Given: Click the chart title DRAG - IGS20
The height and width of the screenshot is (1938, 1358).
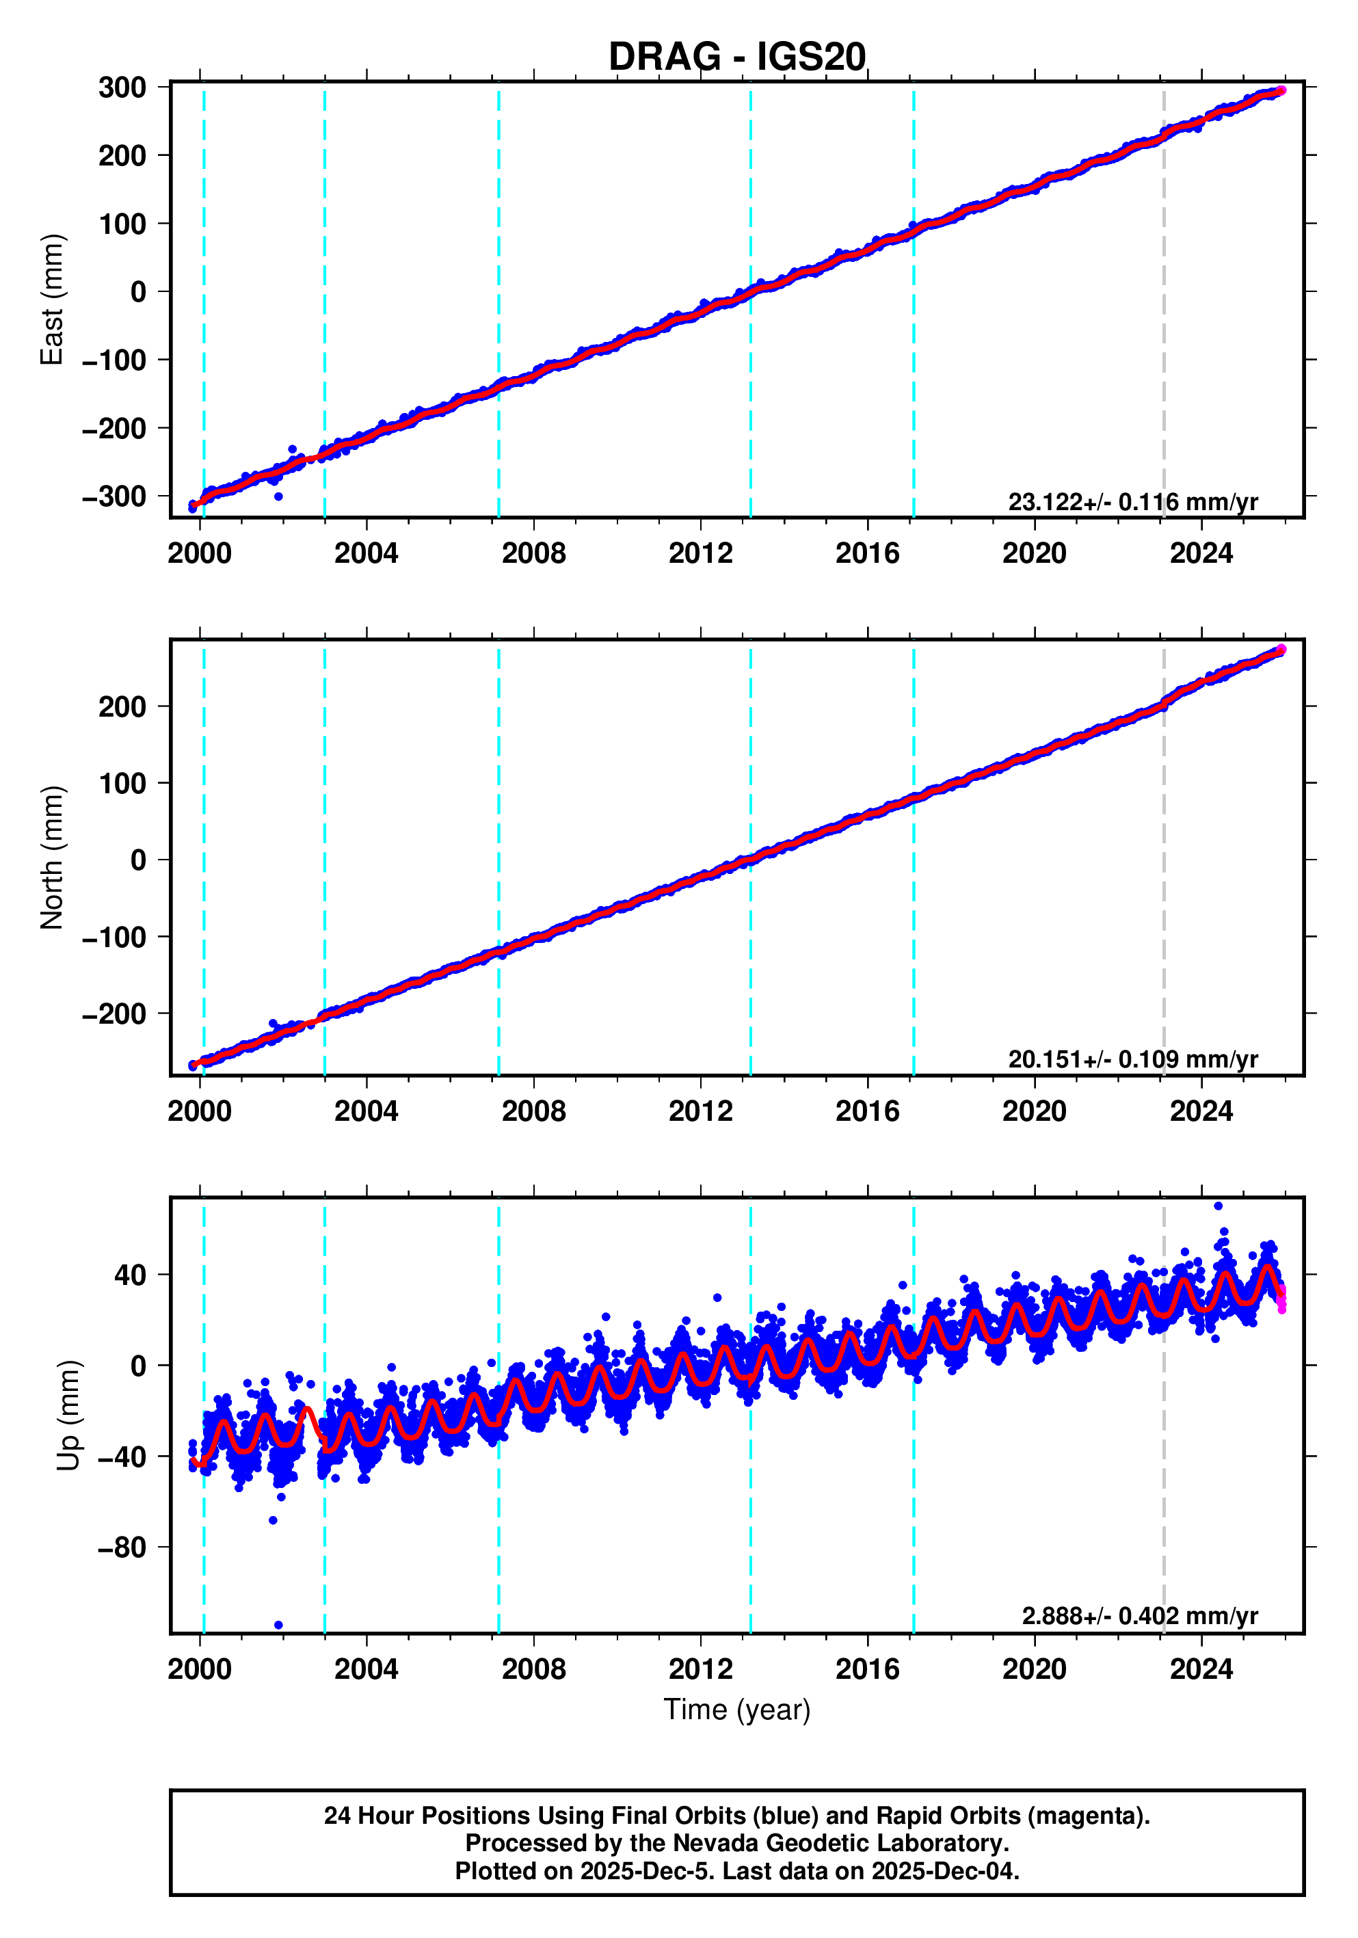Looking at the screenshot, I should coord(737,57).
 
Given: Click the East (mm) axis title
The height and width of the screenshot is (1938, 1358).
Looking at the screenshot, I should coord(53,300).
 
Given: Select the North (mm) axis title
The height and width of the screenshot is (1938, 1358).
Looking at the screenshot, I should coord(53,858).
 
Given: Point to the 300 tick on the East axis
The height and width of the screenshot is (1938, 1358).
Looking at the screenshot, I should coord(122,88).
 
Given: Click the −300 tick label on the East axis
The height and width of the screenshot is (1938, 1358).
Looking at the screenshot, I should coord(114,496).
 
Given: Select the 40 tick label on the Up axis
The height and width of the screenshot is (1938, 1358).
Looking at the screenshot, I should coord(130,1275).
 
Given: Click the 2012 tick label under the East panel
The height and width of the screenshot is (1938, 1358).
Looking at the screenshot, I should coord(700,554).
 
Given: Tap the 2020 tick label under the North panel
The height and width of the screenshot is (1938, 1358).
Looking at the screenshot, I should coord(1035,1112).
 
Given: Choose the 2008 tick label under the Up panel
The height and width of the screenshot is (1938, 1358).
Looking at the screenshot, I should coord(533,1669).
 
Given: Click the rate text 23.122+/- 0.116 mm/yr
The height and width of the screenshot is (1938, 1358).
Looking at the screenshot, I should coord(1132,502).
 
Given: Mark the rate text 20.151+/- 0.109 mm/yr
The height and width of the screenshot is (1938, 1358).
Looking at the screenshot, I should coord(1132,1059).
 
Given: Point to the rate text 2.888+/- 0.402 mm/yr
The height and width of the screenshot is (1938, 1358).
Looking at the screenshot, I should coord(1139,1617).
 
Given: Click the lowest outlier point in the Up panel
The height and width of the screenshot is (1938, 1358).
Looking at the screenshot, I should coord(278,1625).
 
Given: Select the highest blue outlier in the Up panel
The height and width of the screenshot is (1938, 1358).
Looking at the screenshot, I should coord(1218,1206).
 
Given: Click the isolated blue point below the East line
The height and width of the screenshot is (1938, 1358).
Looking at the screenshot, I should coord(278,496).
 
